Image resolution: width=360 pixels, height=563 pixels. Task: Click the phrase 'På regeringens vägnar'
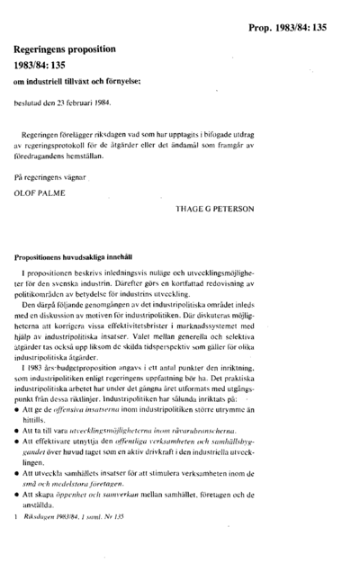tap(58, 179)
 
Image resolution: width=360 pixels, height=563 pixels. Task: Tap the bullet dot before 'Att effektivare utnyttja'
tap(20, 443)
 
